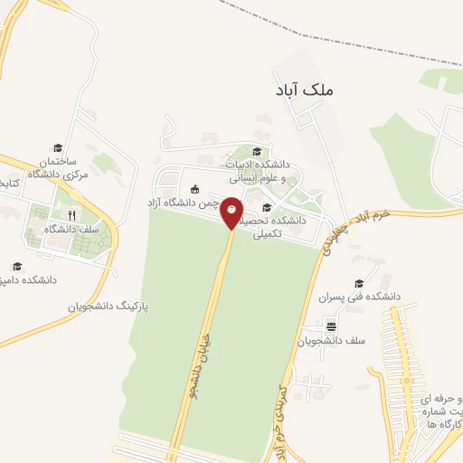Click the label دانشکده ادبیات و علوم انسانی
(263, 172)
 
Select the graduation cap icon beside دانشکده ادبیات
(257, 151)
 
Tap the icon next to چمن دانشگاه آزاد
(195, 188)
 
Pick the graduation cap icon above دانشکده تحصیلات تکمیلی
(266, 208)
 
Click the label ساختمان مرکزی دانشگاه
(58, 166)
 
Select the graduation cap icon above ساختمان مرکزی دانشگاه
(58, 147)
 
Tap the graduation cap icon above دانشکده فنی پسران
(360, 282)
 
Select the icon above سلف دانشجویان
(331, 326)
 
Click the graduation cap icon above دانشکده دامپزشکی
(17, 266)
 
